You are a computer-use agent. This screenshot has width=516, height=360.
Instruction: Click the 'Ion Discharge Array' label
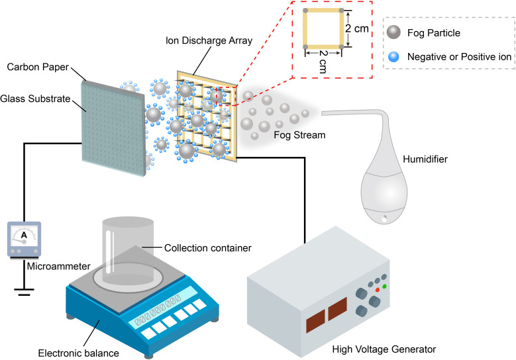[x=209, y=40]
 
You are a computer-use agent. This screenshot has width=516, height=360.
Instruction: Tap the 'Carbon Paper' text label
[x=38, y=67]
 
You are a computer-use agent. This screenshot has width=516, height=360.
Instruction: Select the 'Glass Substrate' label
[x=35, y=99]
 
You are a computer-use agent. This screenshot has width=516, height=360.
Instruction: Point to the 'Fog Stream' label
[x=299, y=135]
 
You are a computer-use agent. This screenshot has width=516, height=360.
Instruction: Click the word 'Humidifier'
[x=425, y=159]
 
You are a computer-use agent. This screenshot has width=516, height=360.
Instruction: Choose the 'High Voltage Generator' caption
[x=384, y=349]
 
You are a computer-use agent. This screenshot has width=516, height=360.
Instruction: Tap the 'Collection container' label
[x=207, y=248]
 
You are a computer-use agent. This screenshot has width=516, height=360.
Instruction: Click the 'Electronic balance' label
[x=78, y=353]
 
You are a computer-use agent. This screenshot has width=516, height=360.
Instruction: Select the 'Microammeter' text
[x=58, y=266]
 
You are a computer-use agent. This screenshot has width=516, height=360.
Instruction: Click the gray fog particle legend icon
[x=393, y=32]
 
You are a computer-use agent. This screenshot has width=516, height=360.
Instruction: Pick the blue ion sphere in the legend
[x=393, y=57]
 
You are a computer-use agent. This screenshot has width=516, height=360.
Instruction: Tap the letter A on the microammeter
[x=24, y=235]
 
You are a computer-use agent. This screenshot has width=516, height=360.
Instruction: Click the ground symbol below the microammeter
[x=24, y=292]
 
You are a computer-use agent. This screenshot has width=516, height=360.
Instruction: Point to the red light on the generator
[x=378, y=290]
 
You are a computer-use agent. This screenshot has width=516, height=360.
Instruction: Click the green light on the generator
[x=384, y=287]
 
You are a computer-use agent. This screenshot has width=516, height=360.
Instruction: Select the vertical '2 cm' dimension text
[x=357, y=28]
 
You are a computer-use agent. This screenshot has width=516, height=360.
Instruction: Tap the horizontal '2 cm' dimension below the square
[x=323, y=62]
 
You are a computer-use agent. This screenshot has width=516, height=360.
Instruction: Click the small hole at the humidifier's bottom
[x=384, y=218]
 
